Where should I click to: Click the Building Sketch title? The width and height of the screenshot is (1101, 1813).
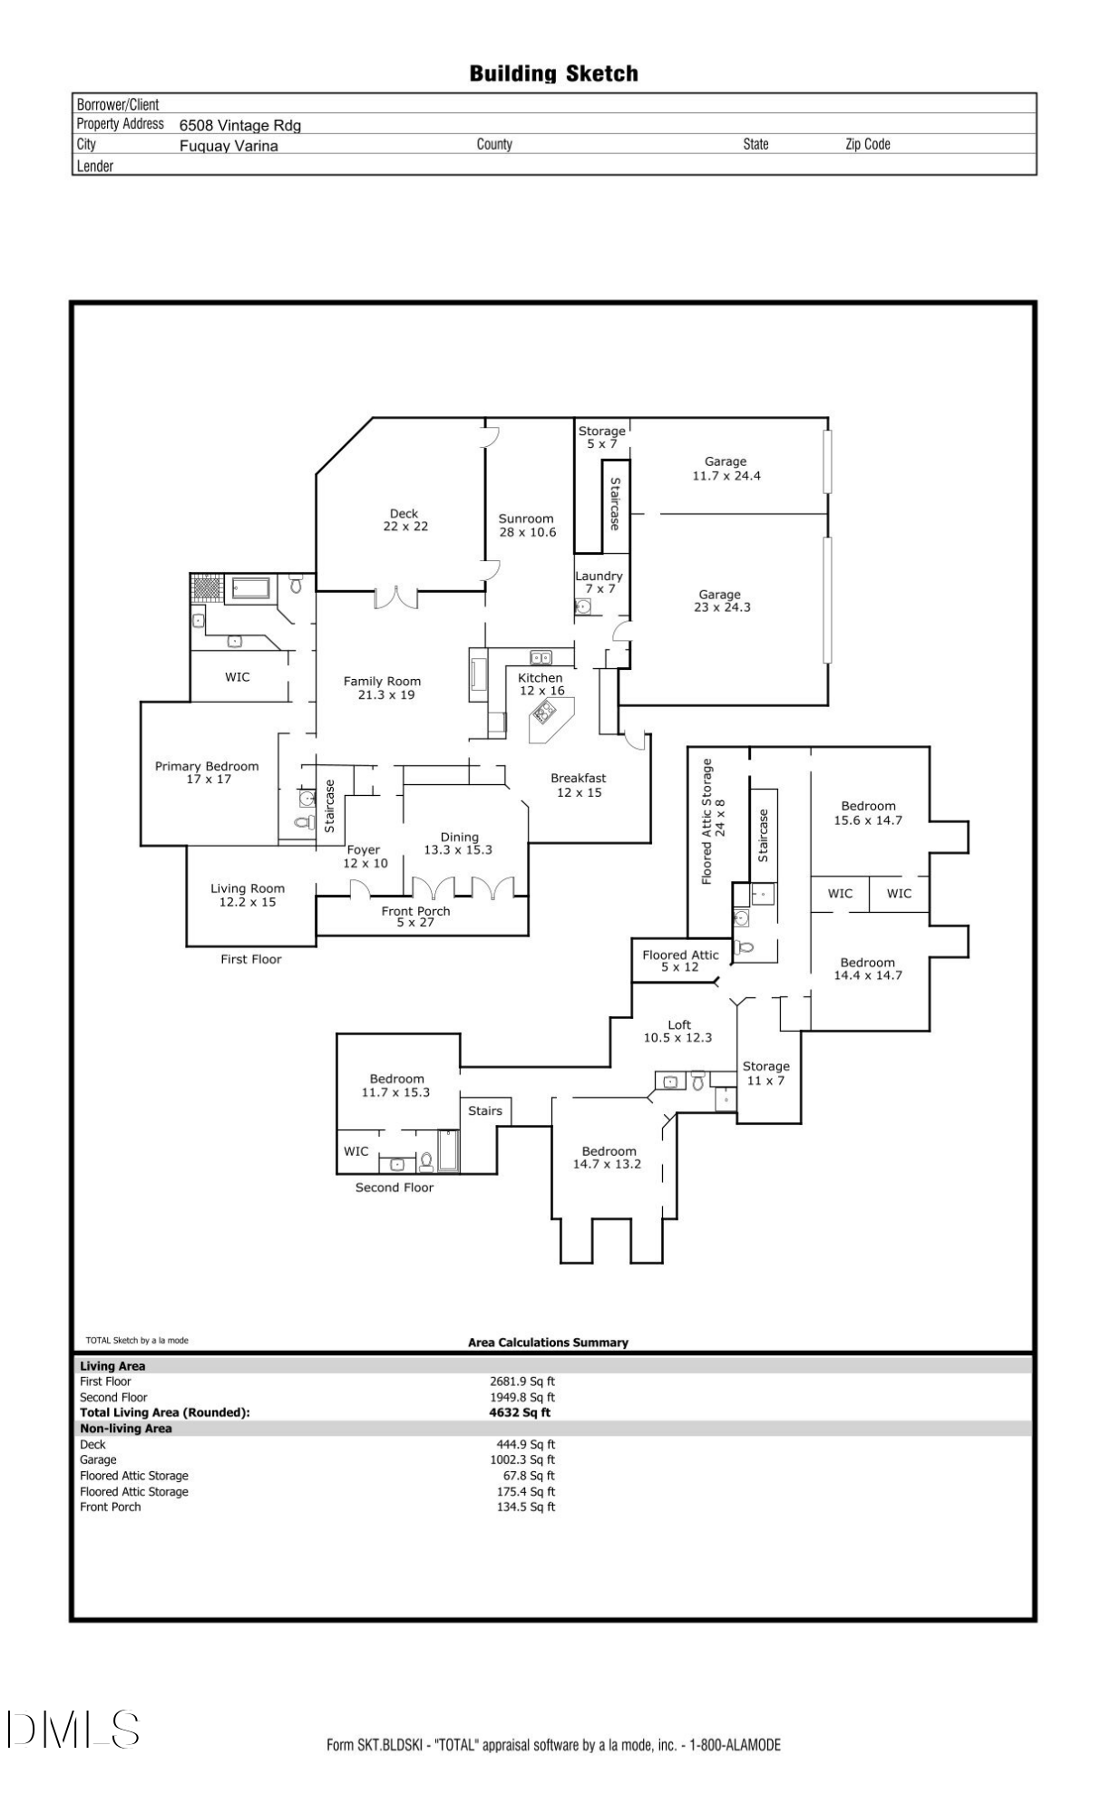553,73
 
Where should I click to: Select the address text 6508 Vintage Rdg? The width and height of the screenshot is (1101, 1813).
239,126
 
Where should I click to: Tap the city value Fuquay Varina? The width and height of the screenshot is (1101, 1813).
229,146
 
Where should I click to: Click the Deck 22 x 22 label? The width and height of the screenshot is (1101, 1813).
404,520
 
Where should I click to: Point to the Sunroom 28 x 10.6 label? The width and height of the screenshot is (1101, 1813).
526,526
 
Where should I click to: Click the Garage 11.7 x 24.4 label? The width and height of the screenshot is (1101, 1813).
726,469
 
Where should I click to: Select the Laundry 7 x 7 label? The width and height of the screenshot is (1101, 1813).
599,582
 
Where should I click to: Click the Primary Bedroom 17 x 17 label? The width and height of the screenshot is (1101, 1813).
207,772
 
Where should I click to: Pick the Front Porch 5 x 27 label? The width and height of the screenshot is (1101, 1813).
415,916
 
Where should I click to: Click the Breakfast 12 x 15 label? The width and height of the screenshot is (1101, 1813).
579,785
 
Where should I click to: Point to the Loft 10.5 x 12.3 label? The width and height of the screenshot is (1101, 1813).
678,1032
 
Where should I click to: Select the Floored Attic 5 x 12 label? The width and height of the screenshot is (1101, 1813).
680,961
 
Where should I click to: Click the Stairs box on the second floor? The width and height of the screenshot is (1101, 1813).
485,1111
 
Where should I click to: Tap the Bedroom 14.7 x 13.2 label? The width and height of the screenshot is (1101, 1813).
608,1158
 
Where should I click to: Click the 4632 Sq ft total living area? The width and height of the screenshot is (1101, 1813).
520,1412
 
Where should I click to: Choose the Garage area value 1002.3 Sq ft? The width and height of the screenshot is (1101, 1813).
522,1459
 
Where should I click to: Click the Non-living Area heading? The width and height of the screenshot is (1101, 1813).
126,1429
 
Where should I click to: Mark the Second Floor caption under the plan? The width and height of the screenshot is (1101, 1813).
394,1188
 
